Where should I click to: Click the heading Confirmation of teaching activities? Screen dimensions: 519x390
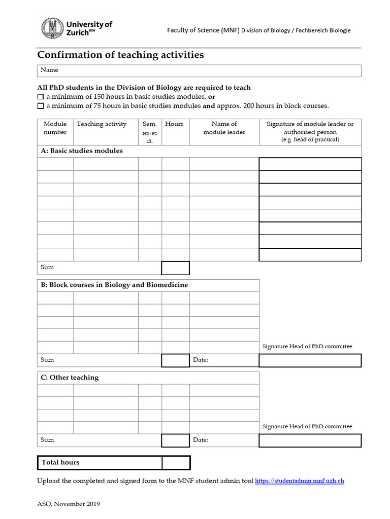coord(121,55)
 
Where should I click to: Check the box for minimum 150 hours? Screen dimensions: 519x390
coord(41,97)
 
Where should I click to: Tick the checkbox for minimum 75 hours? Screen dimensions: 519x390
coord(41,106)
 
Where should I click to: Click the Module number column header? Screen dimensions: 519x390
coord(55,128)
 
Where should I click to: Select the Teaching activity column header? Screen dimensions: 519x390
coord(102,124)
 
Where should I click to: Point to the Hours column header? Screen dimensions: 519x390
coord(175,124)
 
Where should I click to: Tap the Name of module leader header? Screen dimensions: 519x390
coord(224,128)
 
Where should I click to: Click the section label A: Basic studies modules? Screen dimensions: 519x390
coord(82,151)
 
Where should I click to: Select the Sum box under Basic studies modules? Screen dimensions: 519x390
coord(175,268)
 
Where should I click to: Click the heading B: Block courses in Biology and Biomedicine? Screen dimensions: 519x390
coord(114,285)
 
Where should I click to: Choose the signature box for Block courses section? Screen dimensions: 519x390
coord(310,360)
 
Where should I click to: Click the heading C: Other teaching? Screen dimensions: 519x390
coord(70,378)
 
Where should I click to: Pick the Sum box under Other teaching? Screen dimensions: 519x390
coord(175,440)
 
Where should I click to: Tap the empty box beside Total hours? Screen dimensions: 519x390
coord(176,463)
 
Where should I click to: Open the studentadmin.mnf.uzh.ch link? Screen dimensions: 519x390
coord(299,480)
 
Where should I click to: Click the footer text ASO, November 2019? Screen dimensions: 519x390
coord(69,504)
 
